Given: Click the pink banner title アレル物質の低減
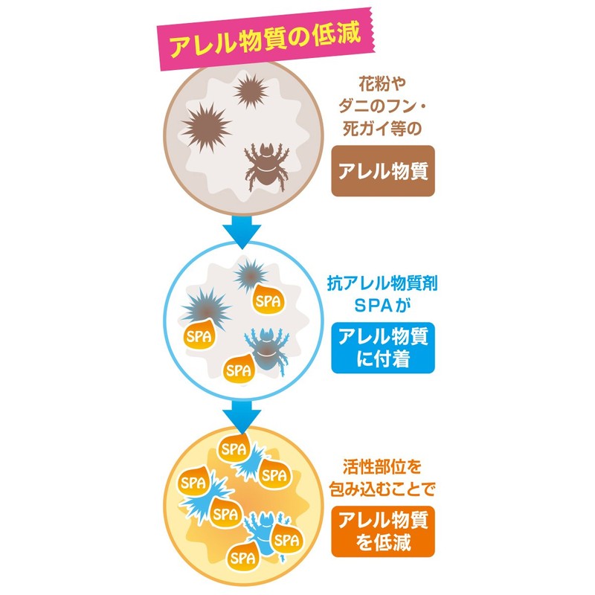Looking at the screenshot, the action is coord(265,39).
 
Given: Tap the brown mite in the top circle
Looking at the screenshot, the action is coord(266,166).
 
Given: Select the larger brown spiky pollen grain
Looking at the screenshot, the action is coord(207,128).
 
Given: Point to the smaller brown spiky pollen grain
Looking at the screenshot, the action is coord(251,91).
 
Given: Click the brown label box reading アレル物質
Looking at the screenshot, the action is coord(383,171).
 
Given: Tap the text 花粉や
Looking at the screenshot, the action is coord(382,84).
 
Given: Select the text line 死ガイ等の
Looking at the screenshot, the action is coord(382,128).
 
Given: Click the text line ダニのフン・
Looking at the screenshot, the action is coord(382,106).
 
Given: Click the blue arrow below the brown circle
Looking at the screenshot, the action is coord(242,232).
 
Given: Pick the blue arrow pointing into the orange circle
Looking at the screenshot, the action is coord(242,416).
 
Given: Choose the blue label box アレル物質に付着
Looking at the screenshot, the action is coord(383,347).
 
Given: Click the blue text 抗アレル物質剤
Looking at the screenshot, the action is coord(382,283).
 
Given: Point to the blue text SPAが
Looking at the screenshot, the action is coord(382,306).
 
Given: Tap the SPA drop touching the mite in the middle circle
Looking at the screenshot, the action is coord(239,369).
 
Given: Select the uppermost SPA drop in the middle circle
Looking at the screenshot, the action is coord(268,300).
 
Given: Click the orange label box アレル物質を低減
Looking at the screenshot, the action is coord(383,531).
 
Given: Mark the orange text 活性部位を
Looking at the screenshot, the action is coord(382,467).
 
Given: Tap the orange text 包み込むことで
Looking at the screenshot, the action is coord(382,489).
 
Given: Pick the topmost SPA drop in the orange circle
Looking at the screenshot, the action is coord(234,448).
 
